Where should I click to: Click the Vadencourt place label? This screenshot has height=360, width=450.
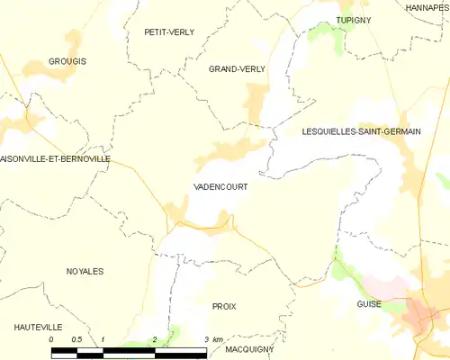click(220, 186)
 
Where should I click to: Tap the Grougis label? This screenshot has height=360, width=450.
click(67, 61)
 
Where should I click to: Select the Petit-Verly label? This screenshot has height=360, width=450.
click(169, 31)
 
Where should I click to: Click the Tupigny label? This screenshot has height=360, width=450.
click(354, 19)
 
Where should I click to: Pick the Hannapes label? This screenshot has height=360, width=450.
click(427, 6)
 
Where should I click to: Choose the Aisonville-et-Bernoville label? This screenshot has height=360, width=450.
click(56, 158)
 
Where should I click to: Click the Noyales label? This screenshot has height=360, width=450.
click(85, 271)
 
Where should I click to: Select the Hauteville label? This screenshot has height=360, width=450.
click(37, 326)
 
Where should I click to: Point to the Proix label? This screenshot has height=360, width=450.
click(224, 307)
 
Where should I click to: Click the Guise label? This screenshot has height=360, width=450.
click(368, 304)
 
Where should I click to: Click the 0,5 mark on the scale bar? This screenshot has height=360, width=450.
click(76, 339)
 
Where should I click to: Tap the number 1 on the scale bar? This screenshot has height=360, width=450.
click(103, 339)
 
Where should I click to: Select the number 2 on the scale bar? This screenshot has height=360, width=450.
click(155, 339)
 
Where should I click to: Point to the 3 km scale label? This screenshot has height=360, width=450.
click(212, 339)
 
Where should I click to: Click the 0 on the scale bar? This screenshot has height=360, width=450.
click(52, 339)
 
